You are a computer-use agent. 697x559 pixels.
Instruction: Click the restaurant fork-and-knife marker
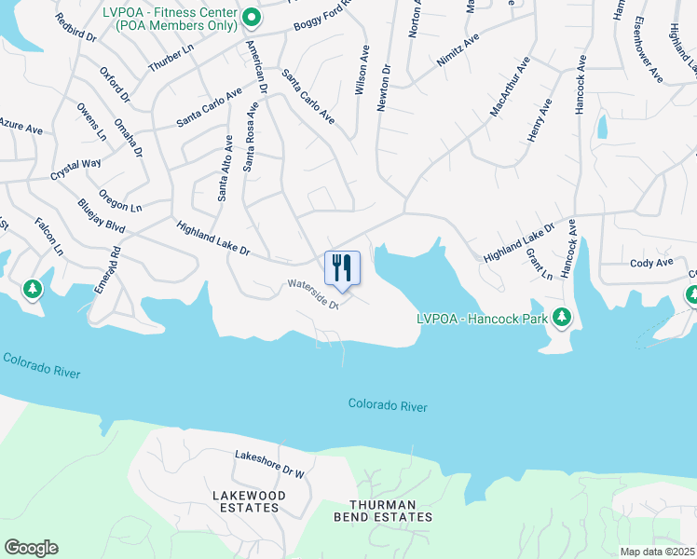click(x=341, y=267)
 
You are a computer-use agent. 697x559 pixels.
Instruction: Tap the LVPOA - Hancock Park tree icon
click(x=562, y=317)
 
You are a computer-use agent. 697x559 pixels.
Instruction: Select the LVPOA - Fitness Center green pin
click(x=251, y=18)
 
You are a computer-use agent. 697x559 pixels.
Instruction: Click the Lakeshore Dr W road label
click(x=270, y=463)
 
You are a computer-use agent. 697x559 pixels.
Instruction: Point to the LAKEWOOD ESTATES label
click(x=246, y=501)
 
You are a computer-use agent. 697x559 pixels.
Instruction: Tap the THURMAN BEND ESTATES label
click(x=384, y=510)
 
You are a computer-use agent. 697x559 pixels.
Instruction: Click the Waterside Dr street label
click(x=311, y=294)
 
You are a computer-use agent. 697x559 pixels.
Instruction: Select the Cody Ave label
click(x=651, y=264)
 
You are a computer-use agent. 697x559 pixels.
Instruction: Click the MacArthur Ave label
click(x=509, y=88)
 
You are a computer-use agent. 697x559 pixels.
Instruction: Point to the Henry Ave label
click(x=540, y=120)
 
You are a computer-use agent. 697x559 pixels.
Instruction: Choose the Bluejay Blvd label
click(x=101, y=214)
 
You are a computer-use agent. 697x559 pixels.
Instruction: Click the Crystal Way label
click(x=75, y=170)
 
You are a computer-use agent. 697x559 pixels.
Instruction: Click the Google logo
click(x=31, y=548)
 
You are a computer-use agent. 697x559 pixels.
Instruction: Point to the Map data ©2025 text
click(x=656, y=552)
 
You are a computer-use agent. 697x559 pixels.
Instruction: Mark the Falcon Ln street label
click(x=48, y=237)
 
